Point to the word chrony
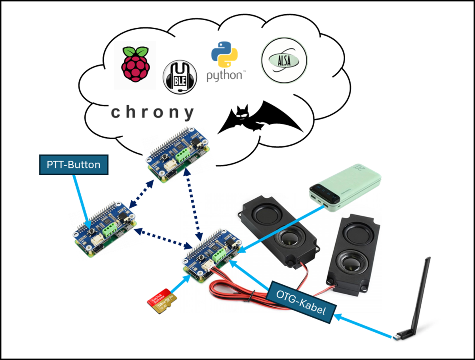[152, 112]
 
